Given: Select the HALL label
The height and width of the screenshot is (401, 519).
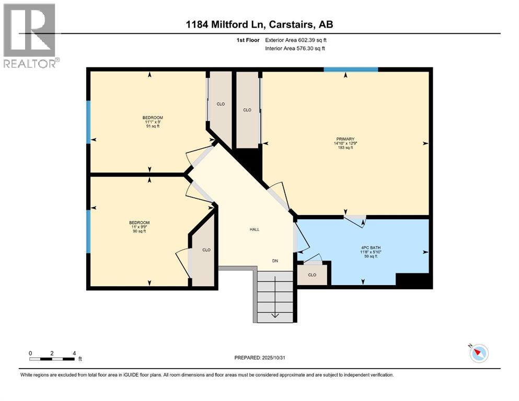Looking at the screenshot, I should (254, 229).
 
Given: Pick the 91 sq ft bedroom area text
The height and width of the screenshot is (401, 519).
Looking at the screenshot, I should (153, 126).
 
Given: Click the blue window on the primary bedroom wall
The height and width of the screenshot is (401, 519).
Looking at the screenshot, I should (350, 69).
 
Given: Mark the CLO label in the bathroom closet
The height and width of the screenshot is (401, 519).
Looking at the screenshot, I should (312, 275).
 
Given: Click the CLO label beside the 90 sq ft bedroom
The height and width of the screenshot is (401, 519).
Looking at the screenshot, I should (206, 250).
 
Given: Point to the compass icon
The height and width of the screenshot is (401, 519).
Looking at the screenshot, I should (479, 353).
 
